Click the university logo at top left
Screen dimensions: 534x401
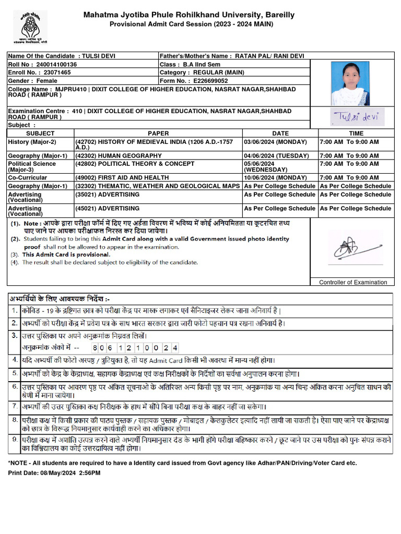(30, 26)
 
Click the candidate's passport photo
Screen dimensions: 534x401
(350, 83)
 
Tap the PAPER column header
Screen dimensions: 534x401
(158, 133)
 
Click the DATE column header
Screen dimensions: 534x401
(280, 133)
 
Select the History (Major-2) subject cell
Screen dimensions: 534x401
(32, 142)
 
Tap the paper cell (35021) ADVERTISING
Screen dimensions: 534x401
(108, 195)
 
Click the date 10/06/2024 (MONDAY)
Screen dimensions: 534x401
(276, 178)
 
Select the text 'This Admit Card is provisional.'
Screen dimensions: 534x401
(66, 254)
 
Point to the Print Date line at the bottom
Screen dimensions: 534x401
(54, 472)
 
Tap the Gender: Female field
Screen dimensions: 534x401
(33, 81)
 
